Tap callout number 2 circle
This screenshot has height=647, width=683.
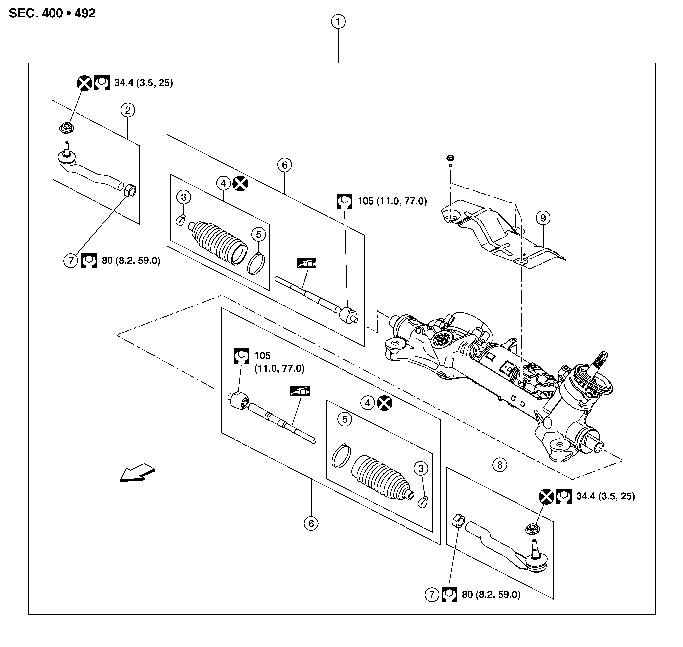click(128, 110)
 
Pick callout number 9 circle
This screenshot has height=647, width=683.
click(543, 218)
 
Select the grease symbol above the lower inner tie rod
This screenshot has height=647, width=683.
click(300, 391)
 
